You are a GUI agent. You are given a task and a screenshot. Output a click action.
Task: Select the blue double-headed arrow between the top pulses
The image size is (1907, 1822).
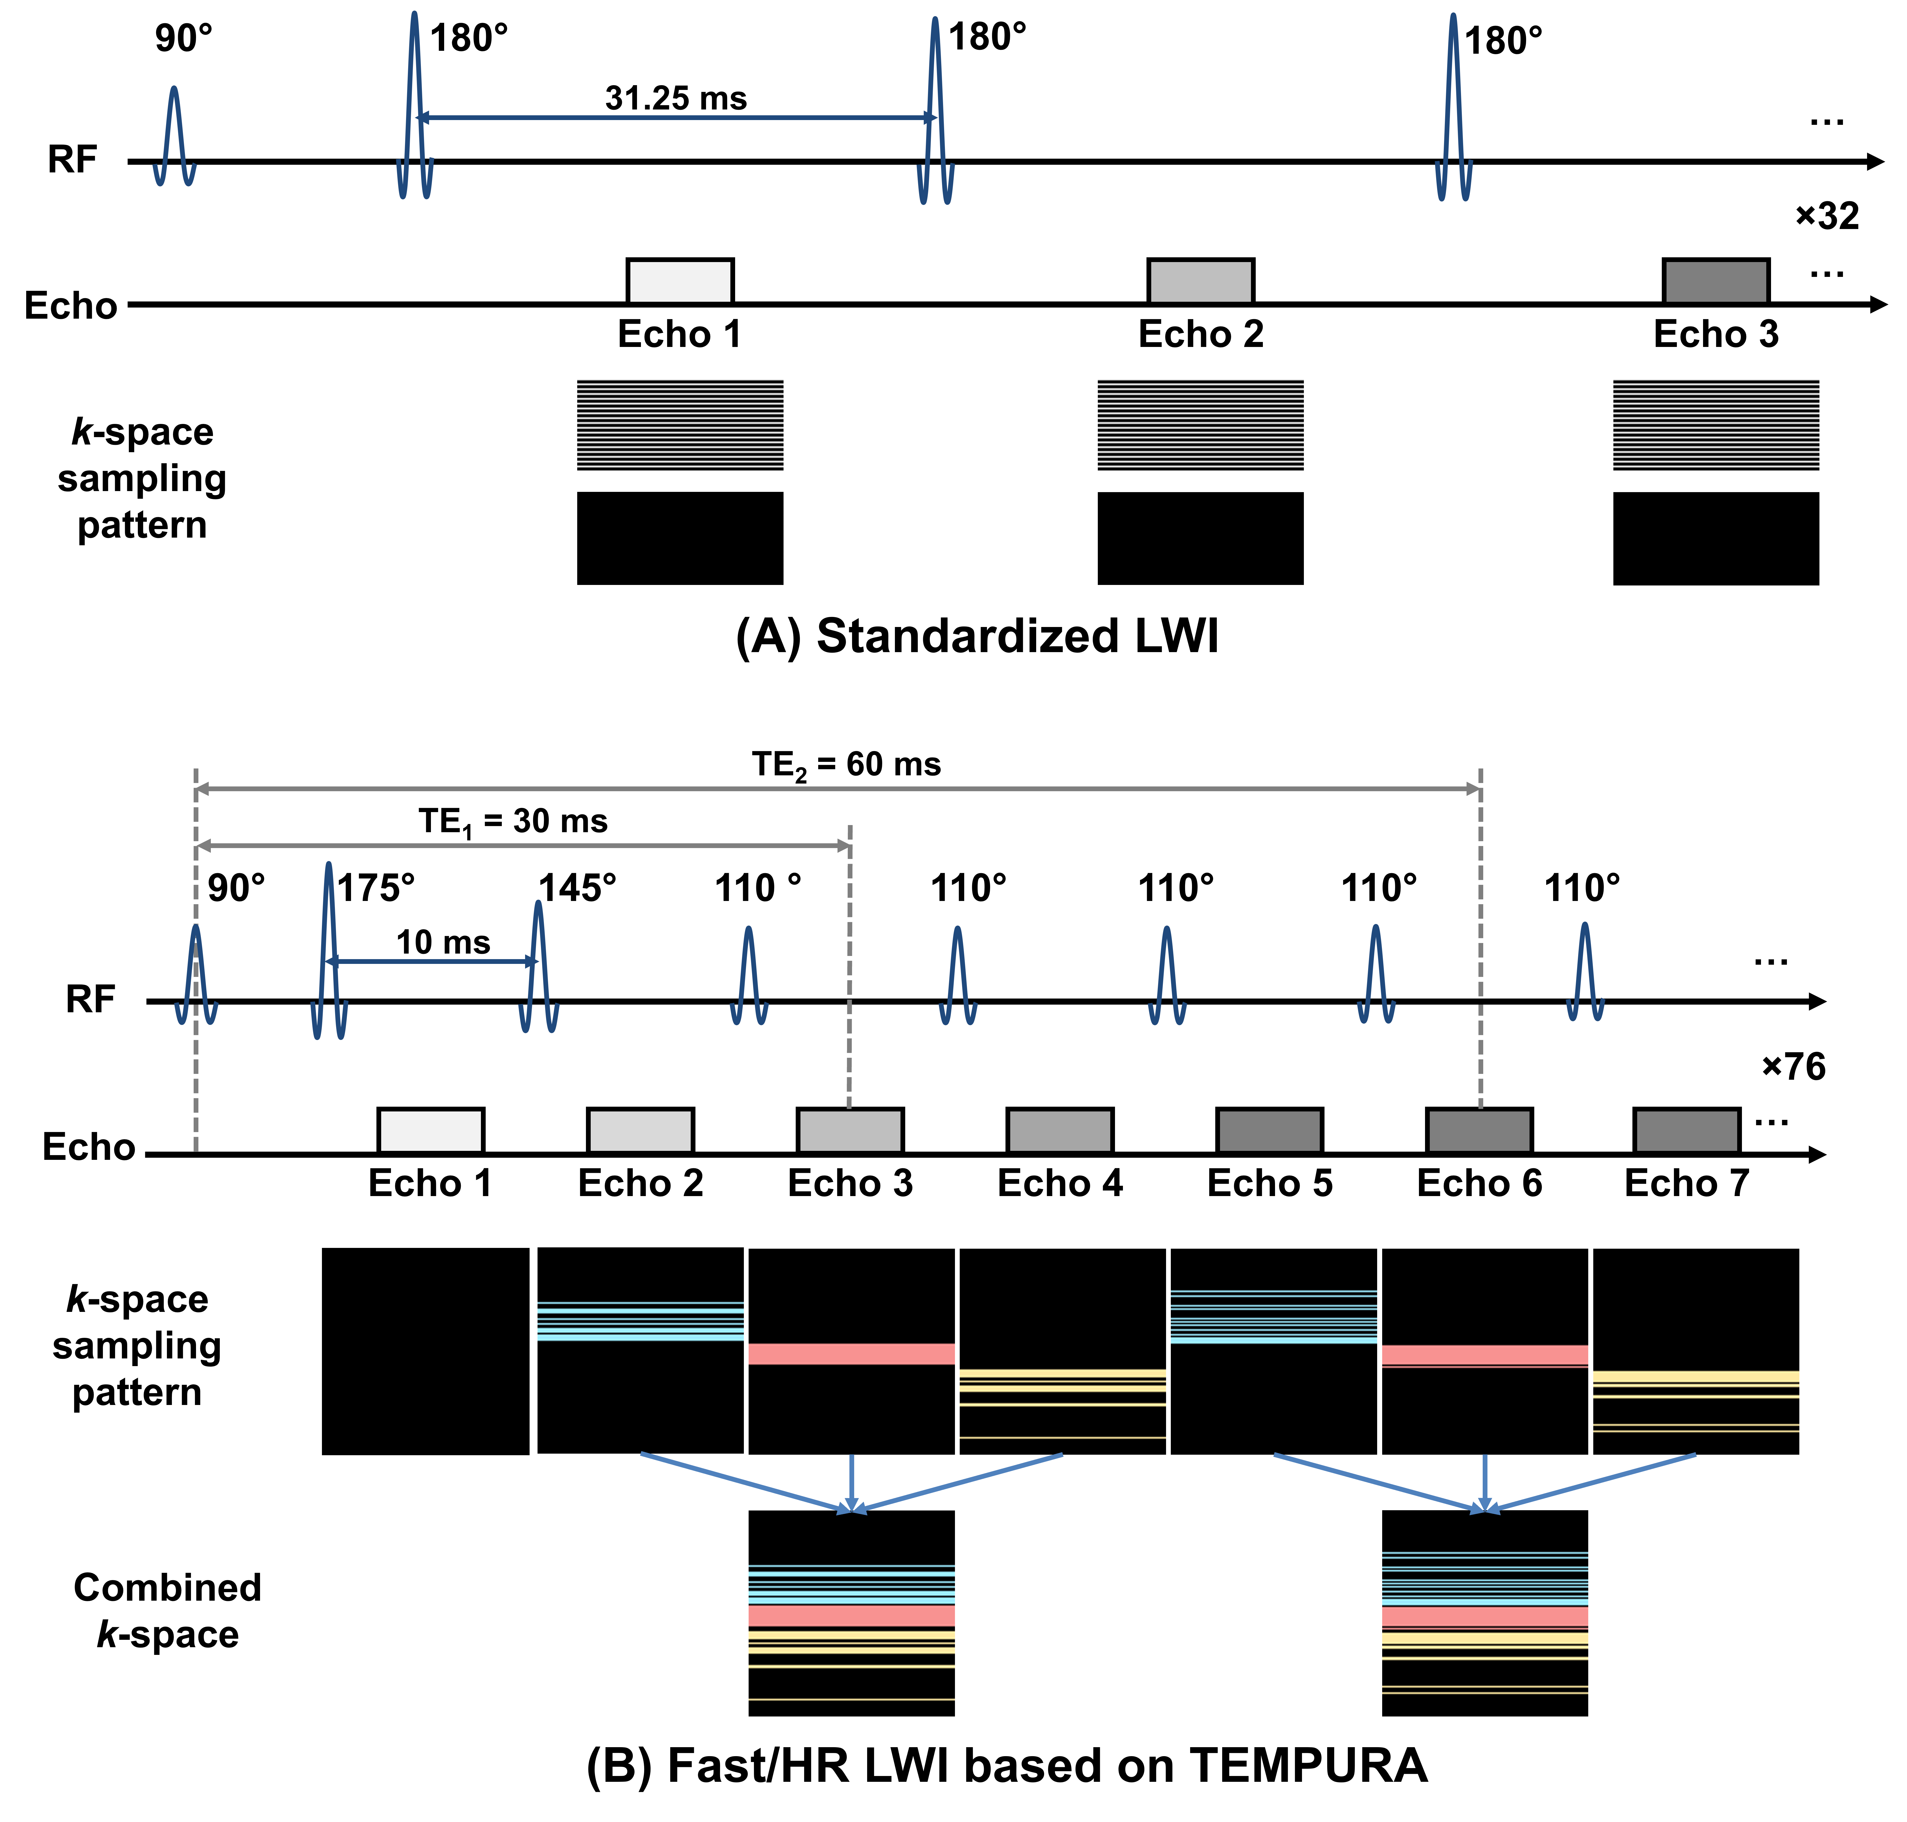(x=675, y=117)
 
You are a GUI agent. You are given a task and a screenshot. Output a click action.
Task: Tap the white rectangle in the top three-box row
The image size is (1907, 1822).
(x=680, y=282)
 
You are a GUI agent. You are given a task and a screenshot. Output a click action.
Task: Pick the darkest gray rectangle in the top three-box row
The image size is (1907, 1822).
(x=1716, y=282)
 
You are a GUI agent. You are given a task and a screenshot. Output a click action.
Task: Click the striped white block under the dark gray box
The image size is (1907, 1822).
(x=1716, y=434)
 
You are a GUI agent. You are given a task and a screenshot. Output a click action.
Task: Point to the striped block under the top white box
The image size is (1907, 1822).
(x=680, y=434)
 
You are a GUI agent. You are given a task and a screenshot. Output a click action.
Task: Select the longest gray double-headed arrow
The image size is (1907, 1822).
(x=838, y=789)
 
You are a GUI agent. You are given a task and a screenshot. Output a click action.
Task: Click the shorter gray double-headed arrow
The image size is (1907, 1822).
(x=523, y=846)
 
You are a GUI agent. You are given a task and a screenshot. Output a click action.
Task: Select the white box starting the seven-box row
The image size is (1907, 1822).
(x=430, y=1130)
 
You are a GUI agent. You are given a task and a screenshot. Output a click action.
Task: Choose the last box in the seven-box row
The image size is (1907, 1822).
(x=1686, y=1130)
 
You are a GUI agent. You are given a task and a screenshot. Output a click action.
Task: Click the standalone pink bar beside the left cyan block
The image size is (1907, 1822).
(x=851, y=1354)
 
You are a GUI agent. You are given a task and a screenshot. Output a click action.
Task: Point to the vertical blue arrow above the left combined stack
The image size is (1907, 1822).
(x=851, y=1481)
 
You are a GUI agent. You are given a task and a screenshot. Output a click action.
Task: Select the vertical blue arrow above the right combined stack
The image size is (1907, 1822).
(x=1484, y=1481)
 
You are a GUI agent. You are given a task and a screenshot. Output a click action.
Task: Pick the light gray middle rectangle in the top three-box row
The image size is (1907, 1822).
(x=1201, y=282)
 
